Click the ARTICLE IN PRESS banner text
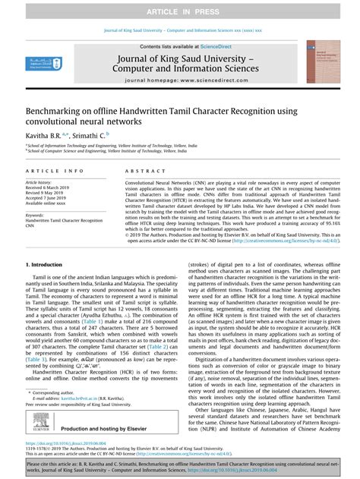180,8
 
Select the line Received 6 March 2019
53,188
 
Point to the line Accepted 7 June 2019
52,199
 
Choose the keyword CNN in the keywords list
32,225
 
